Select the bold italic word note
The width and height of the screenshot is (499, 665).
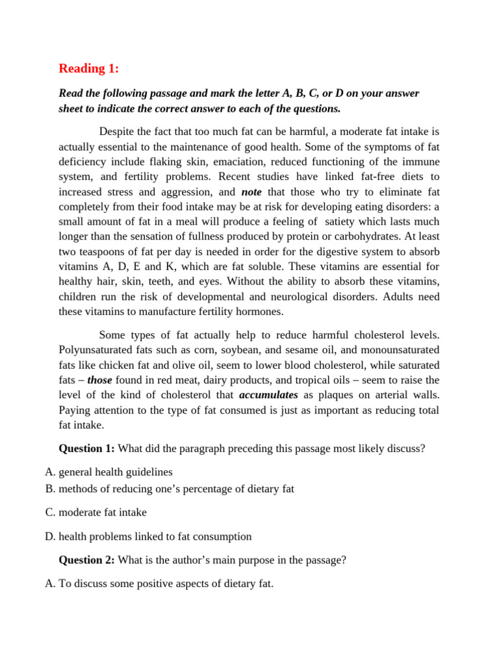tap(253, 192)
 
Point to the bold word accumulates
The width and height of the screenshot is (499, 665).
tap(268, 395)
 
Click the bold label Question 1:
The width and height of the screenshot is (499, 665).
tap(86, 449)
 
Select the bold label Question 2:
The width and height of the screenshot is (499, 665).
tap(86, 560)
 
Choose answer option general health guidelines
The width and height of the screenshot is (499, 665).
tap(116, 472)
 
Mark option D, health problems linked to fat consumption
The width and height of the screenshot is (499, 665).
tap(155, 536)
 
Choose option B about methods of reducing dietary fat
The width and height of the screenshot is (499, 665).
tap(176, 488)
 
